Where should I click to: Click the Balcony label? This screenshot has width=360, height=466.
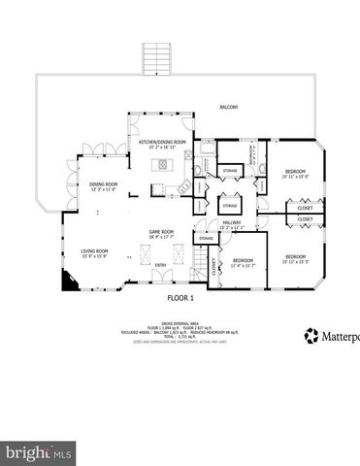tap(228, 107)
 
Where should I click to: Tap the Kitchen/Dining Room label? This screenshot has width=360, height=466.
tap(161, 145)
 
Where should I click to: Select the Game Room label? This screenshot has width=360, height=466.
tap(160, 233)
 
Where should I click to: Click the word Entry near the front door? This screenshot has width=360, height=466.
tap(160, 264)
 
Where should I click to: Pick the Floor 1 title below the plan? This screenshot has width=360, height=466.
tap(180, 297)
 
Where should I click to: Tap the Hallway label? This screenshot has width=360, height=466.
tap(231, 225)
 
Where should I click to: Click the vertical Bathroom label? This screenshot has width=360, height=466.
tap(253, 158)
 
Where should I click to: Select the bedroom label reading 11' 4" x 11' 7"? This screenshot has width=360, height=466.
tap(243, 262)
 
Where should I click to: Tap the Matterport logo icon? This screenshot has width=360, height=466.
tap(311, 336)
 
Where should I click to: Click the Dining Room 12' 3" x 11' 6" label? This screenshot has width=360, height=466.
tap(104, 185)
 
